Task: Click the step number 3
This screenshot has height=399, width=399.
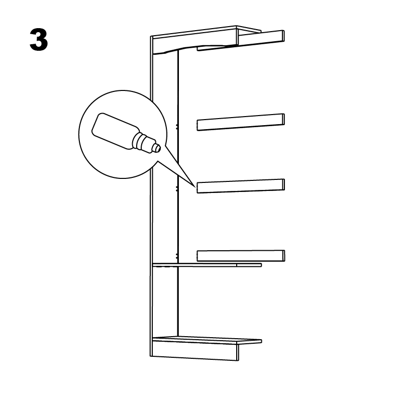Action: tap(39, 39)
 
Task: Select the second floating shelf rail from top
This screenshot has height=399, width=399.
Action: tap(241, 122)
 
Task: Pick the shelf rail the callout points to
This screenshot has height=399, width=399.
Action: tap(241, 186)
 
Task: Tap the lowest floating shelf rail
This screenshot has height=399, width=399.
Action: tap(241, 256)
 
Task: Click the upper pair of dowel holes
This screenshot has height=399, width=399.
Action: tap(177, 127)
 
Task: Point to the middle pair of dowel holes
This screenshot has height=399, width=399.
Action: tap(177, 188)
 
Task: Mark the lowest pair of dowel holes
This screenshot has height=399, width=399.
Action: tap(177, 256)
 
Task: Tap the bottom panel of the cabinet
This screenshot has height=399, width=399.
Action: tap(207, 340)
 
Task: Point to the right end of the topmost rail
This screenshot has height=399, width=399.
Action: tap(283, 36)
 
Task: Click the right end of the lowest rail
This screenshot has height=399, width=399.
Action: tap(284, 256)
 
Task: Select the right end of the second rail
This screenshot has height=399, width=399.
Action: tap(283, 119)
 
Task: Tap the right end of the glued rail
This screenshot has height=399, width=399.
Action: tap(283, 184)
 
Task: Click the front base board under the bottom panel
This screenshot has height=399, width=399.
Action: tap(194, 351)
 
